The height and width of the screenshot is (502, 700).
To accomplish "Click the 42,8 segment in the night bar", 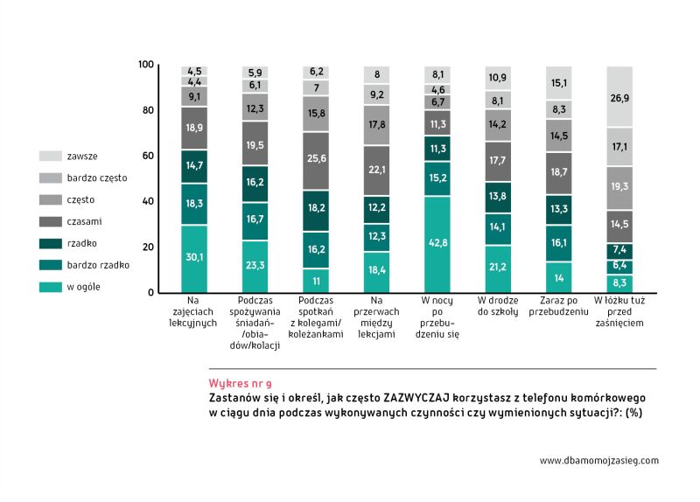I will (x=438, y=244).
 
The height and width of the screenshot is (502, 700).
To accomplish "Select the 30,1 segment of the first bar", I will (x=194, y=258).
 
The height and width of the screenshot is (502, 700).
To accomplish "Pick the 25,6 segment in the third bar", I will (x=316, y=158).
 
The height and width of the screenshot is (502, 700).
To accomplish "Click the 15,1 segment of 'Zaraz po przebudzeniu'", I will (x=560, y=84).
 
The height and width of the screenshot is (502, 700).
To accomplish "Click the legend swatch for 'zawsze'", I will (x=50, y=156).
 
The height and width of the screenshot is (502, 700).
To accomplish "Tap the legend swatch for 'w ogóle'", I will (x=50, y=286).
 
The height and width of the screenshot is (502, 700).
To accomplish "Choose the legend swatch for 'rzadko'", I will (x=50, y=242).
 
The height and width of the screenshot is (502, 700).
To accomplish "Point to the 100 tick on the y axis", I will (x=146, y=65).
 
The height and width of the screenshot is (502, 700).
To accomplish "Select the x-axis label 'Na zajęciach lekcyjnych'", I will (x=194, y=311).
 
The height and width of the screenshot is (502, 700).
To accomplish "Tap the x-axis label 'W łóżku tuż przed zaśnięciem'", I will (x=619, y=311).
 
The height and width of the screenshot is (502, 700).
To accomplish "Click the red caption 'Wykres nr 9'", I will (x=241, y=383).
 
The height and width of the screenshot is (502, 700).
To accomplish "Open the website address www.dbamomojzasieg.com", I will (x=598, y=460).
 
